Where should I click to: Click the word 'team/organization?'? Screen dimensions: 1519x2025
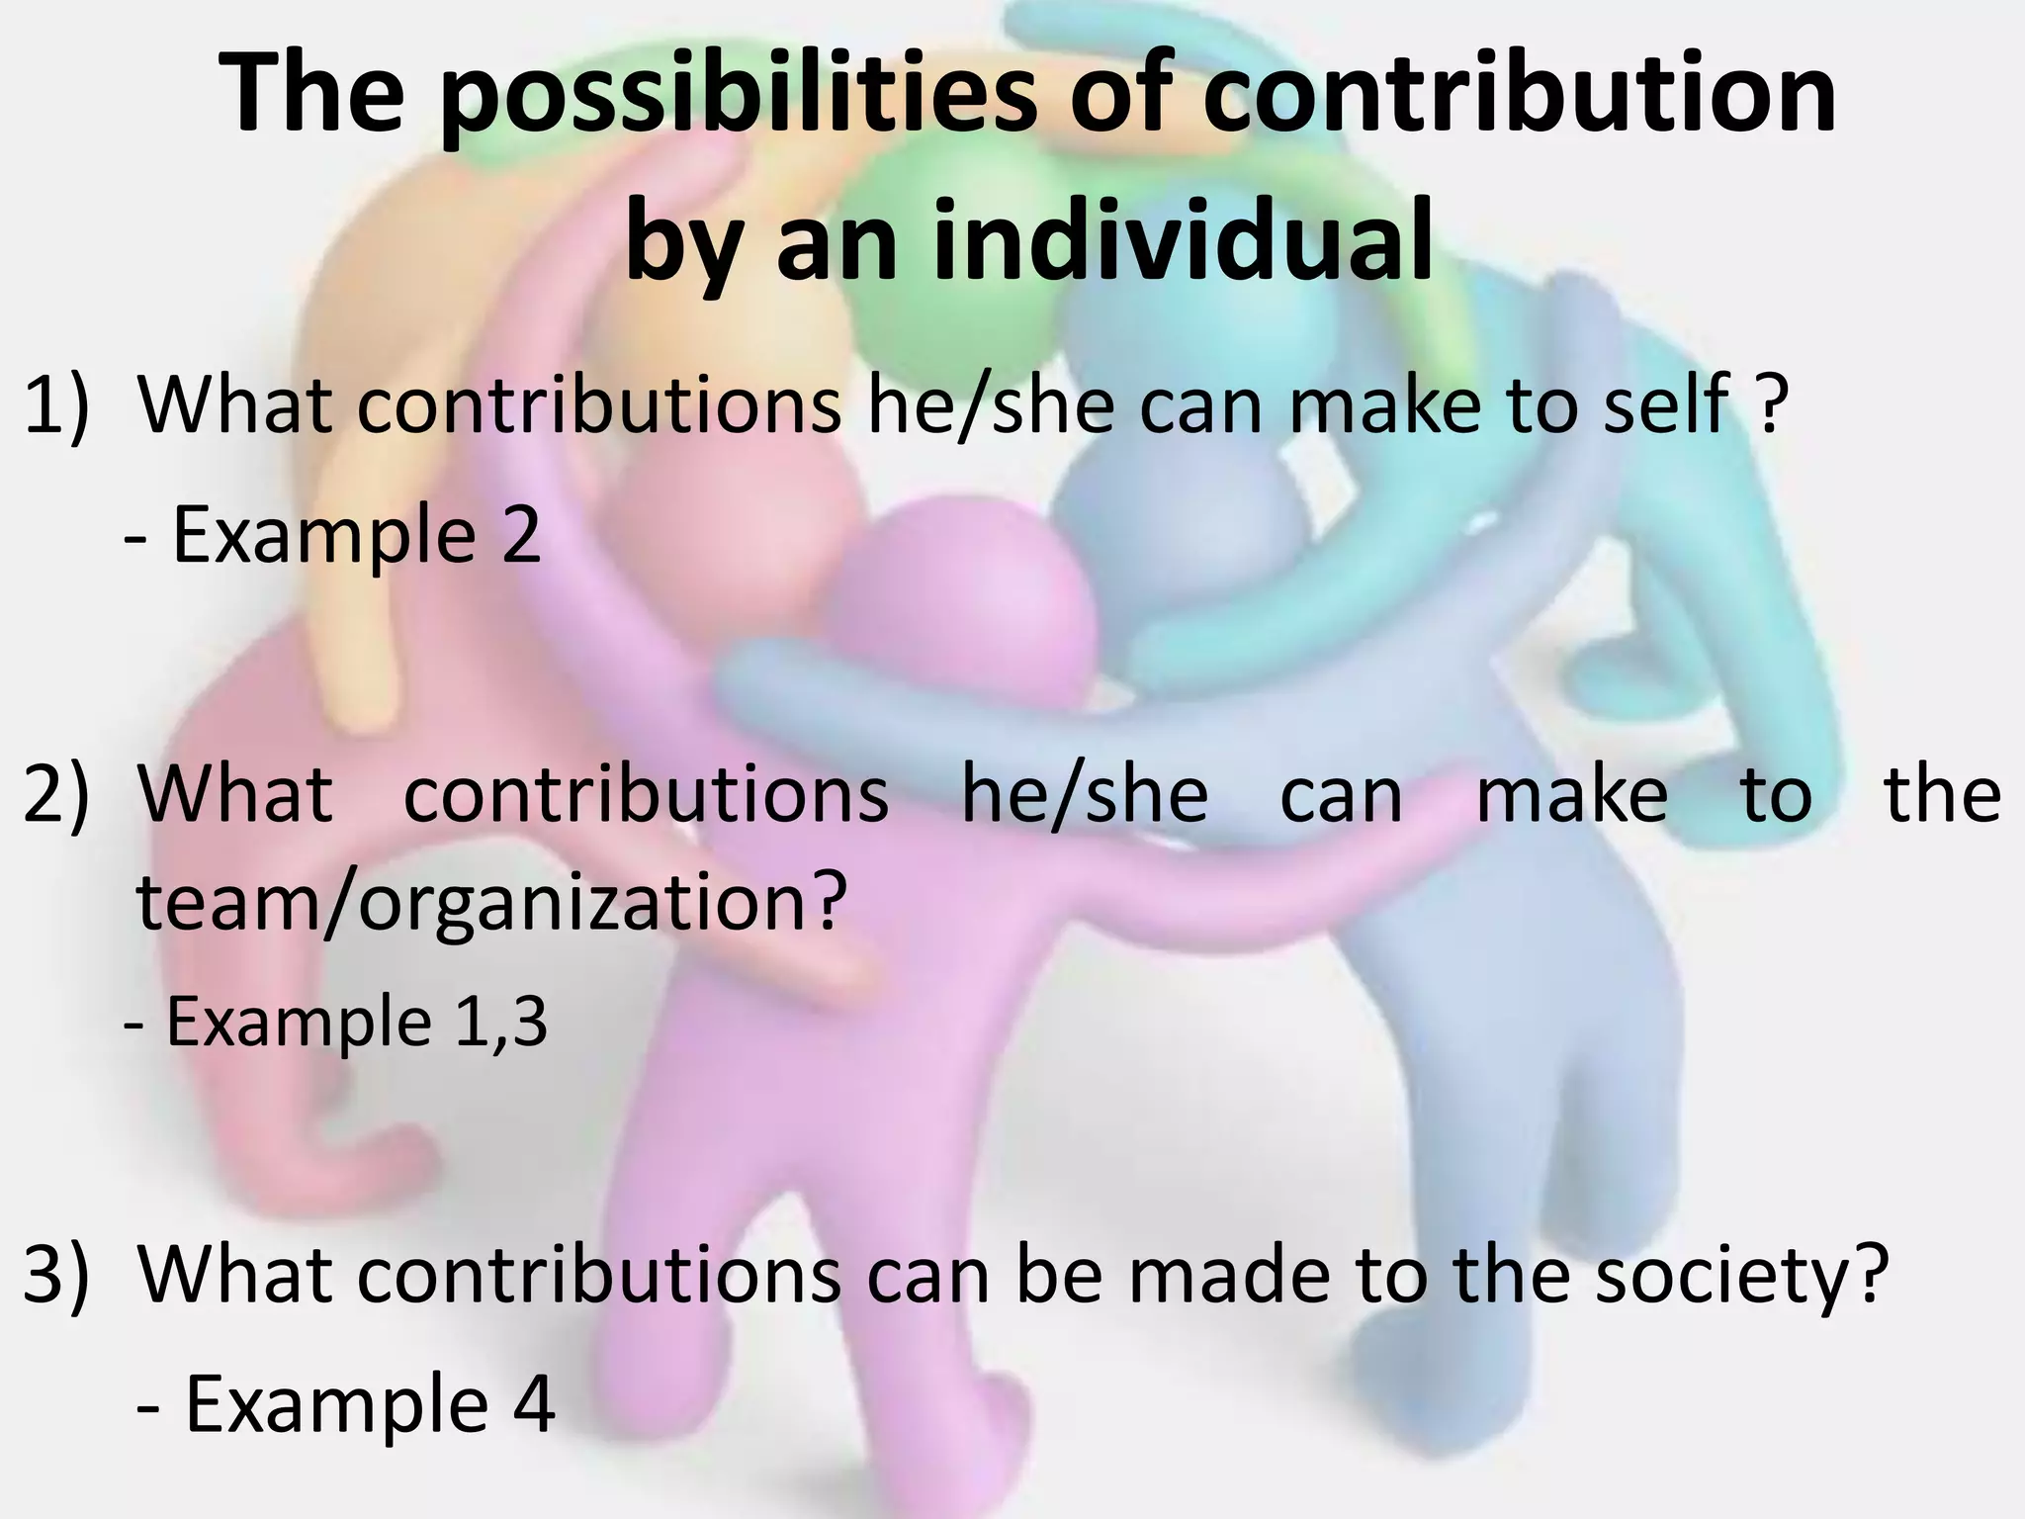pyautogui.click(x=491, y=902)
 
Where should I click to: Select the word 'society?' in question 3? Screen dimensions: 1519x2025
pyautogui.click(x=1735, y=1275)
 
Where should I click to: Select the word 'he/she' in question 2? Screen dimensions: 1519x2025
pyautogui.click(x=1084, y=794)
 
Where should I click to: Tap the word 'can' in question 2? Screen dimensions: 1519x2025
pyautogui.click(x=1341, y=794)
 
